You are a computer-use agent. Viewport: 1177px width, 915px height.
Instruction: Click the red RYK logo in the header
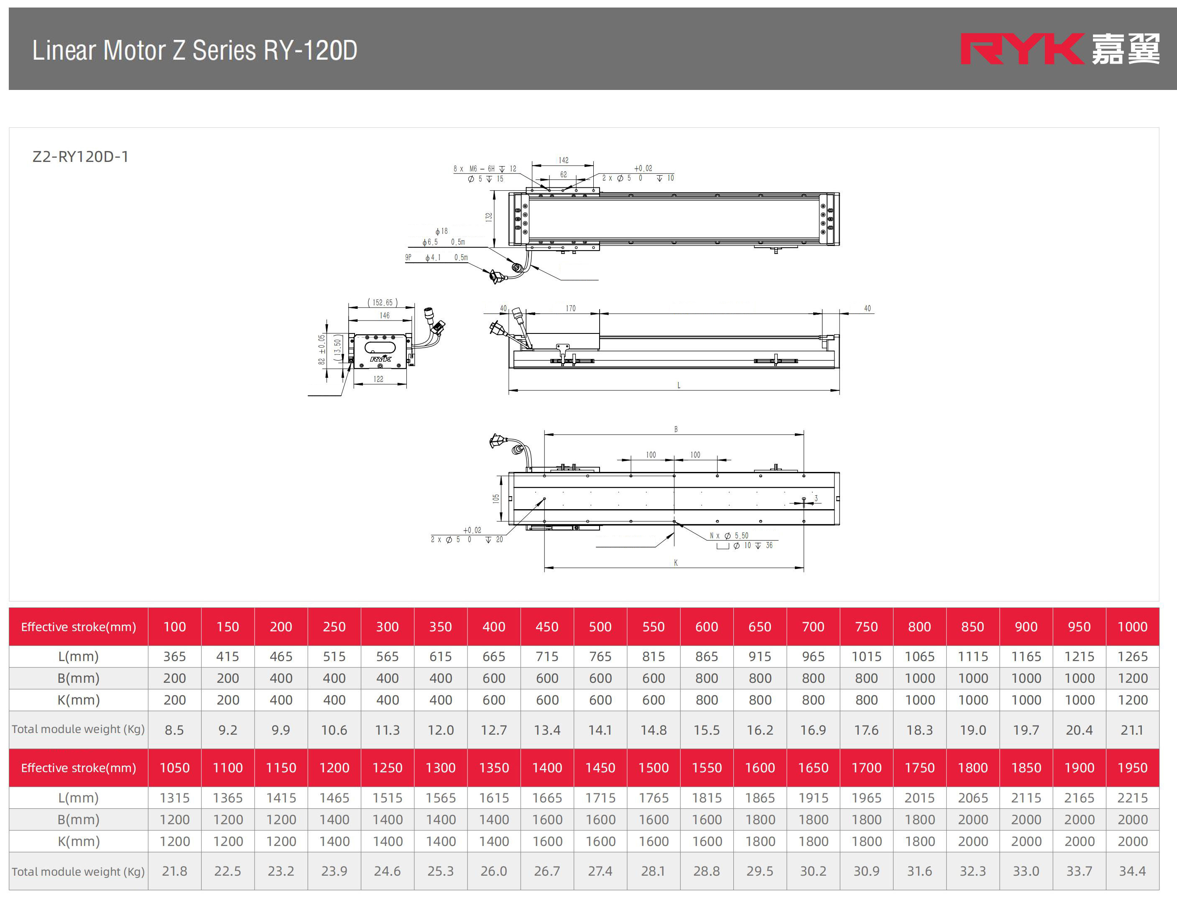1022,49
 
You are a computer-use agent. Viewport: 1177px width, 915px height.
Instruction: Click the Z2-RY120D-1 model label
80,157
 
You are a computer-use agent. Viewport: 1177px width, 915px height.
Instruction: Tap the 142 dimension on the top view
563,160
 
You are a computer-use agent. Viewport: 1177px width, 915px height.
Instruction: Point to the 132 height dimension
489,217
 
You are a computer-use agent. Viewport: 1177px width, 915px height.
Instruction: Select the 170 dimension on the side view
571,308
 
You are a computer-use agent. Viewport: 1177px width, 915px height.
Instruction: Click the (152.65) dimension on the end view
383,302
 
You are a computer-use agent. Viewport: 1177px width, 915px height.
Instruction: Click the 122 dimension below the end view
378,379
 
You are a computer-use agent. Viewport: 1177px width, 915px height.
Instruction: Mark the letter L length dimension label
679,385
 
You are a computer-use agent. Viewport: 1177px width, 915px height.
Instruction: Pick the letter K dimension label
676,563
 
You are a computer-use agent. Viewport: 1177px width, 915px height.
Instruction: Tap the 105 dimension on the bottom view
496,499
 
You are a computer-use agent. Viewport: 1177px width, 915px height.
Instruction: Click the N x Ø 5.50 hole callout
729,536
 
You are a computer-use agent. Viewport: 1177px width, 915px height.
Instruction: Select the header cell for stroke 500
600,627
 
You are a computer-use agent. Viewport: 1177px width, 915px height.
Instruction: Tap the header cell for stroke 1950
1132,768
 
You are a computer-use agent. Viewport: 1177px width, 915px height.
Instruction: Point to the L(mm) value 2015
919,797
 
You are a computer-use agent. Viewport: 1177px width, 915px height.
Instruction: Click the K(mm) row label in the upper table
79,700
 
